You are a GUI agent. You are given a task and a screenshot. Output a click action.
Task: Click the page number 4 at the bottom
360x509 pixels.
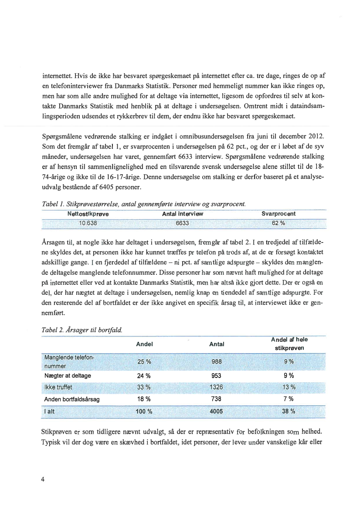[x=43, y=479]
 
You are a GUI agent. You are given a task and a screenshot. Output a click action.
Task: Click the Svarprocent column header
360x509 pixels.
[x=278, y=214]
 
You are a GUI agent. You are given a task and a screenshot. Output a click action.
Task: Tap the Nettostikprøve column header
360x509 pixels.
[x=88, y=214]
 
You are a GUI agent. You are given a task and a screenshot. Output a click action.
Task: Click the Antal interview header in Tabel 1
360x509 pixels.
[x=183, y=214]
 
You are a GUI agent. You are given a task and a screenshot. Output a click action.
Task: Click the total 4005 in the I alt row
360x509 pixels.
[x=217, y=411]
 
